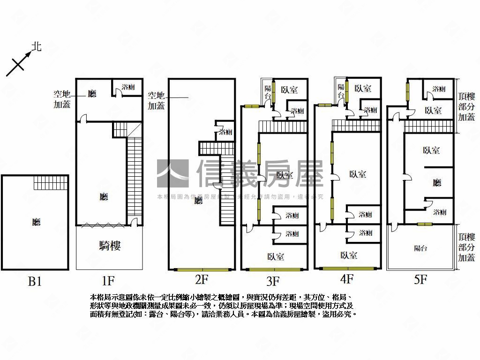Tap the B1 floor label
point(35,281)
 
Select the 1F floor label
point(108,281)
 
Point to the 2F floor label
point(201,280)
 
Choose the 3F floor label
point(273,281)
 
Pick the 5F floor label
point(420,280)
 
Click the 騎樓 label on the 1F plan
point(110,246)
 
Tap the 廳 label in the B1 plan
point(36,221)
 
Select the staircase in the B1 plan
point(51,182)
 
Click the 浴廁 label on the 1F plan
point(128,87)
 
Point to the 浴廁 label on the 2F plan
point(225,132)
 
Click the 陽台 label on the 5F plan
point(420,248)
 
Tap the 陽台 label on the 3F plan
point(268,91)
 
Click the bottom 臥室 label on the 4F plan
point(348,255)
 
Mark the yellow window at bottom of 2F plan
point(202,270)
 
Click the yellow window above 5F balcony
point(424,224)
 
